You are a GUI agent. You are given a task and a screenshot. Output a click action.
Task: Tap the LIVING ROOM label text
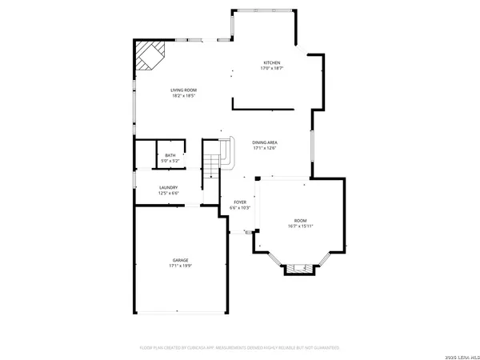pyautogui.click(x=183, y=90)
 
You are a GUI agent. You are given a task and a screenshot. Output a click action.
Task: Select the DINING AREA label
pyautogui.click(x=265, y=142)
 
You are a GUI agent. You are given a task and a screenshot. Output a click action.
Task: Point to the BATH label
pyautogui.click(x=170, y=155)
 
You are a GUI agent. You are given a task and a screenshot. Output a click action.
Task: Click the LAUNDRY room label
pyautogui.click(x=168, y=188)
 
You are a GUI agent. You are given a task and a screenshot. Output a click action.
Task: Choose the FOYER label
pyautogui.click(x=240, y=202)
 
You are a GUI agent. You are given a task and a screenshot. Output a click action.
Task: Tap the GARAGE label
pyautogui.click(x=181, y=260)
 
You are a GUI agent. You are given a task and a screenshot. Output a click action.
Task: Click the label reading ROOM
pyautogui.click(x=300, y=220)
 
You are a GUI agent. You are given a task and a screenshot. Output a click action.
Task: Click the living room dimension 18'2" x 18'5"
pyautogui.click(x=183, y=96)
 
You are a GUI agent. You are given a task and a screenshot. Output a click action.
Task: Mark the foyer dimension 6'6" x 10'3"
pyautogui.click(x=240, y=208)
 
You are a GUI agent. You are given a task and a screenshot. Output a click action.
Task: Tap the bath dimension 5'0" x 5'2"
pyautogui.click(x=170, y=161)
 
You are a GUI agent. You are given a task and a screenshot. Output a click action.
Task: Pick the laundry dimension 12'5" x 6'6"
pyautogui.click(x=168, y=194)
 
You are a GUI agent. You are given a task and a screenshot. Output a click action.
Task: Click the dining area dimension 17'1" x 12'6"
pyautogui.click(x=265, y=147)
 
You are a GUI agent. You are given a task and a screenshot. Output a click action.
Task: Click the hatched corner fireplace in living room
pyautogui.click(x=147, y=57)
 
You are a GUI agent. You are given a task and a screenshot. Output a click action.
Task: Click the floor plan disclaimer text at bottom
pyautogui.click(x=240, y=348)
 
